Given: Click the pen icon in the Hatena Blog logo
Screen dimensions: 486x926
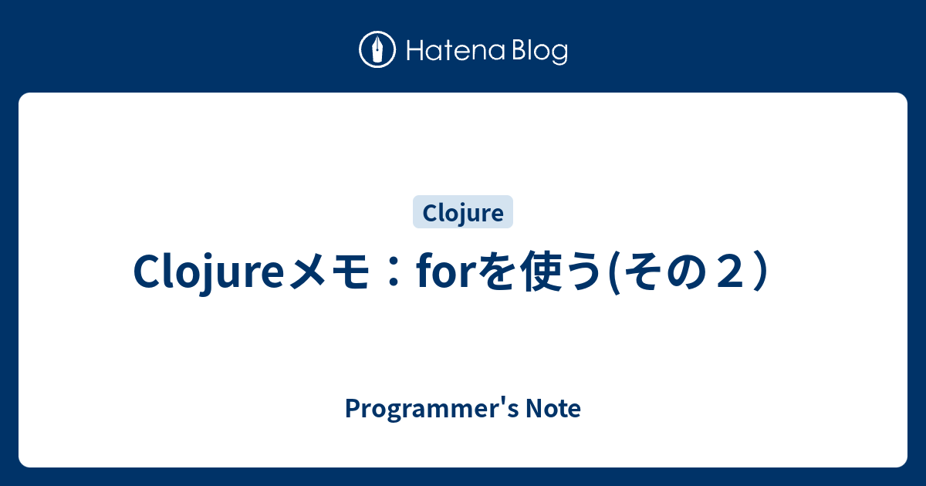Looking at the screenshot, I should (x=377, y=50).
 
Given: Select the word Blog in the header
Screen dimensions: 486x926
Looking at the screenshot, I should (x=538, y=52).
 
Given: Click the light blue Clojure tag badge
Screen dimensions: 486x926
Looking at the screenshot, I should (x=463, y=212).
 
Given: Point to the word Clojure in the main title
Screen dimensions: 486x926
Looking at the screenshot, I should (x=210, y=272).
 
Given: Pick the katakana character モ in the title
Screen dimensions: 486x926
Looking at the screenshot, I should (x=354, y=273).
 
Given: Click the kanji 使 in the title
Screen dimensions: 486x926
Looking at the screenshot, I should (x=540, y=273).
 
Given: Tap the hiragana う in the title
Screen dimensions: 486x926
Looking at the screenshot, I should (x=583, y=273).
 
